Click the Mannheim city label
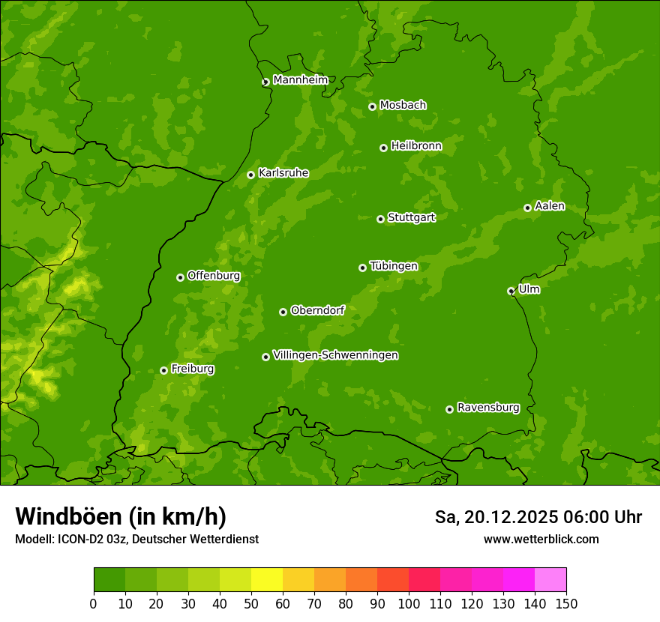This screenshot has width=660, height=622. (300, 80)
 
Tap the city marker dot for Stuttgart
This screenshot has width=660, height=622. (380, 219)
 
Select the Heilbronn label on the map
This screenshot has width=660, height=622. (416, 146)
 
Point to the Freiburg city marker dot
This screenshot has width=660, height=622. (163, 370)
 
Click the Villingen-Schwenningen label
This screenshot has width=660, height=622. (335, 355)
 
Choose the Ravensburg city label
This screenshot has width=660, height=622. (488, 408)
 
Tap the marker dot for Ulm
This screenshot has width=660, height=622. (511, 291)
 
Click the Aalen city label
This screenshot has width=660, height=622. (550, 206)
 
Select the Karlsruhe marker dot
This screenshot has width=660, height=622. (250, 175)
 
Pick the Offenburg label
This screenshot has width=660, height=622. (214, 276)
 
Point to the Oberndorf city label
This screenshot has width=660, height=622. (317, 310)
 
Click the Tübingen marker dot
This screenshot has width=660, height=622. (362, 268)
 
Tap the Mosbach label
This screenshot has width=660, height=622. (403, 106)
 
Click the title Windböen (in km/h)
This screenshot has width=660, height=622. (121, 516)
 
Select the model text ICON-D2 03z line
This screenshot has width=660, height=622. (136, 540)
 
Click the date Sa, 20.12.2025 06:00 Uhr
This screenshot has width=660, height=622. (538, 517)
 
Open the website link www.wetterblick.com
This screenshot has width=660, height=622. (541, 540)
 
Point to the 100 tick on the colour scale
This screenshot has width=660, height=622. (409, 603)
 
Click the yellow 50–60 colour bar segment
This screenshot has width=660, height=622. (267, 580)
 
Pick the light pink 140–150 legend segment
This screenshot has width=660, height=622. (550, 580)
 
